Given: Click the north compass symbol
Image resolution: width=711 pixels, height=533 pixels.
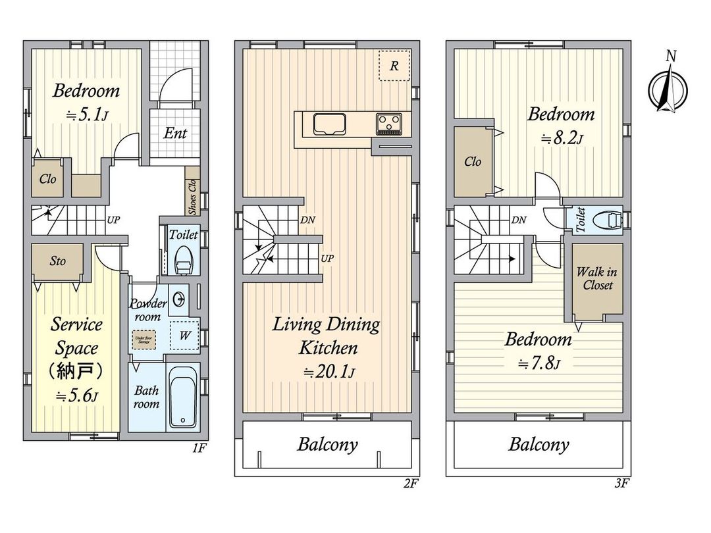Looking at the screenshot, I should point(669,89).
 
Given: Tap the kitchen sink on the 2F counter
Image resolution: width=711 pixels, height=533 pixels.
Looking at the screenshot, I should point(328,124).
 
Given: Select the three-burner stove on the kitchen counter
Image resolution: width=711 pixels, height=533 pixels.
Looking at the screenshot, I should point(389,123).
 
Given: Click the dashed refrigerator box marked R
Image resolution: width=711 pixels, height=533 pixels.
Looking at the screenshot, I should point(394,66).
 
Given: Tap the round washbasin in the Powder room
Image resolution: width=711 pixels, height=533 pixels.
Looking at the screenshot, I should point(178,301).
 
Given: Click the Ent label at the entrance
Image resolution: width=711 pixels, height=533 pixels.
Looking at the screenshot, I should point(175,134).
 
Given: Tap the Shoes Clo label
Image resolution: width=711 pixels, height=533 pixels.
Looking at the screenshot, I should point(192,197).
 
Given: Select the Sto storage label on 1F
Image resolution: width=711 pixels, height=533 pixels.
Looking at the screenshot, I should point(57,261).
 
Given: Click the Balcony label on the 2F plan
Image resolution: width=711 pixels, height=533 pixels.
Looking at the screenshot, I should point(327,444).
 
